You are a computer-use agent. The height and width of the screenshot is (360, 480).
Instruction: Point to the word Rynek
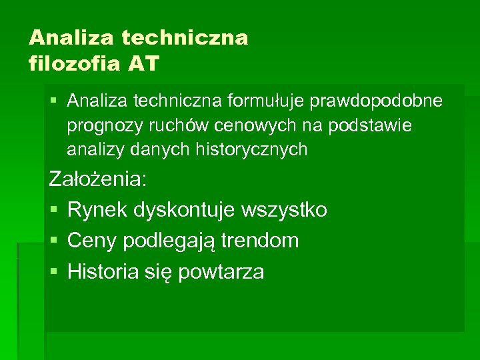tap(97, 210)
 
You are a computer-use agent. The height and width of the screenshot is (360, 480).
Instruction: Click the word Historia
tap(105, 271)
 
